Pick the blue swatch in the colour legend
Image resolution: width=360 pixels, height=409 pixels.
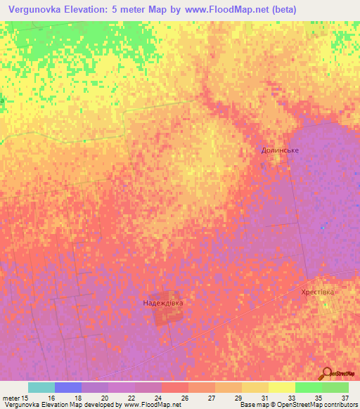click(x=68, y=387)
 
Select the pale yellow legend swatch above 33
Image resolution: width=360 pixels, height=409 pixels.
click(x=281, y=387)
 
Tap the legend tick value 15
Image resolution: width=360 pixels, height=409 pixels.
click(x=25, y=398)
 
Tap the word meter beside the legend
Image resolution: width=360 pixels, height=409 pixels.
click(x=10, y=398)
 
